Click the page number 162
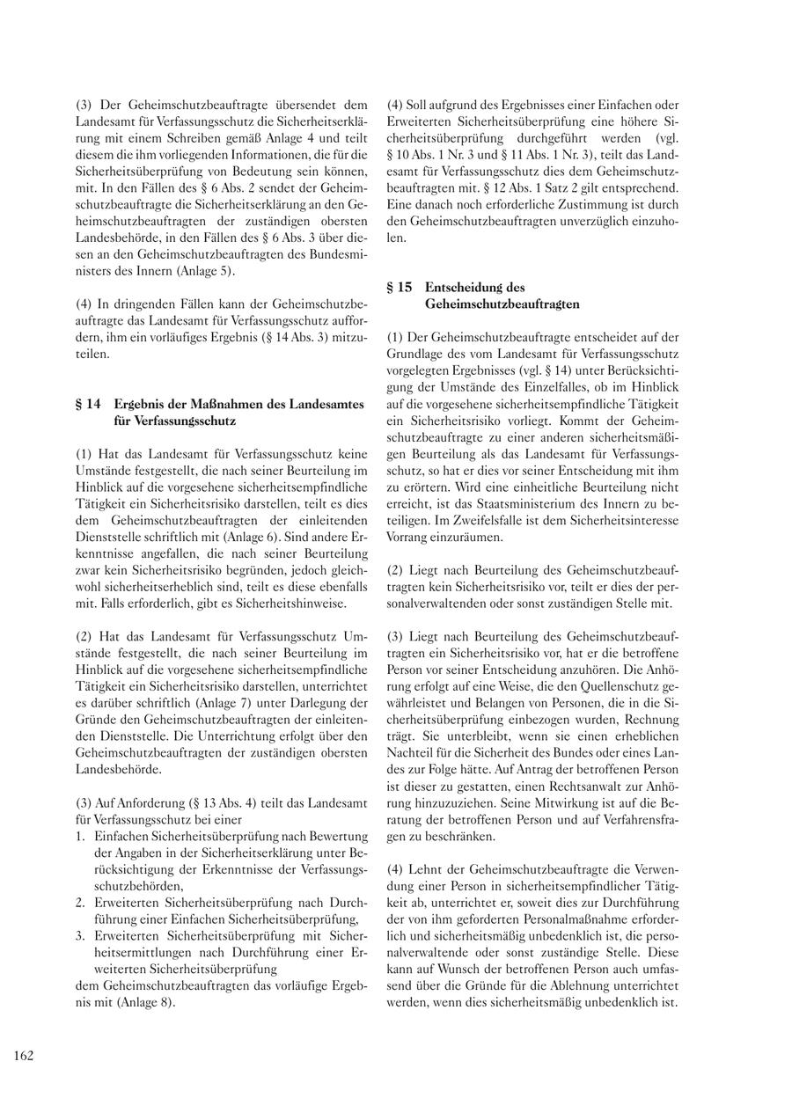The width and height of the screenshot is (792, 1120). [24, 1056]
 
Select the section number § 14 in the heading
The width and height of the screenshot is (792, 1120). [88, 404]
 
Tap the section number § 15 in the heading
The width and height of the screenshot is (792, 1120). [400, 287]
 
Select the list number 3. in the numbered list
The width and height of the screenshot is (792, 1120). [80, 935]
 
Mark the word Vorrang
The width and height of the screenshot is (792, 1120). [408, 537]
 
